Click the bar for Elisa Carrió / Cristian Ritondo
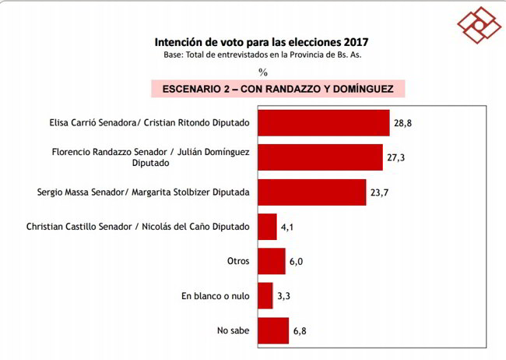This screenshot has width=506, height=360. click(x=323, y=123)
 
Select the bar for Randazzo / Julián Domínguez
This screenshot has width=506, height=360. click(x=320, y=157)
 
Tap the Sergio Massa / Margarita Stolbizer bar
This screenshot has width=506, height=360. click(x=311, y=192)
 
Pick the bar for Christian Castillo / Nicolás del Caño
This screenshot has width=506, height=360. click(x=267, y=227)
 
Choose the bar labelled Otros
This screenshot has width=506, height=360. click(x=271, y=261)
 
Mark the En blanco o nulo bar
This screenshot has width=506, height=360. click(x=265, y=296)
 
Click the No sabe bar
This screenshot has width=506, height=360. click(x=272, y=330)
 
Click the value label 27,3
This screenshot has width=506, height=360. click(x=396, y=157)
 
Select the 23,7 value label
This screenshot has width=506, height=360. click(x=379, y=192)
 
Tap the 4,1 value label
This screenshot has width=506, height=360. click(x=289, y=227)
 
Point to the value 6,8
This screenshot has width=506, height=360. click(x=301, y=330)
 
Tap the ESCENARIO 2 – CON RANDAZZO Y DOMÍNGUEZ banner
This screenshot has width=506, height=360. click(x=278, y=89)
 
